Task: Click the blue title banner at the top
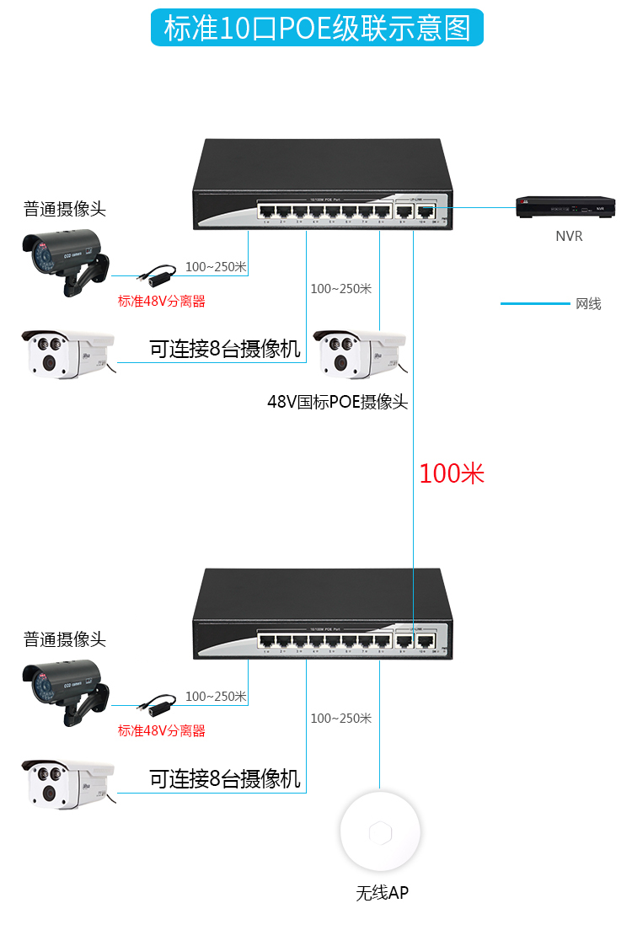pos(316,28)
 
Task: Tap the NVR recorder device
pos(565,206)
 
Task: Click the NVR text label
pos(569,237)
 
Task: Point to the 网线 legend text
pos(588,304)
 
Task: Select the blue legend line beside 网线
pos(535,303)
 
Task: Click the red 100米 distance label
pos(452,473)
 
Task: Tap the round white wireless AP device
pos(380,833)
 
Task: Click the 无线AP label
pos(382,893)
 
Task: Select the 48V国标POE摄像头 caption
pos(337,402)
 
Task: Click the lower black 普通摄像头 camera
pos(64,688)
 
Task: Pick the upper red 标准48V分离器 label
pos(162,301)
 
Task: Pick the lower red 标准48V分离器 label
pos(162,730)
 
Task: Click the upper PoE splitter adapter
pos(155,274)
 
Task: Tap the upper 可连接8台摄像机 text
pos(225,349)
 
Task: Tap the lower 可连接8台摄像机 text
pos(225,779)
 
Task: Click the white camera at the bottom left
pos(66,784)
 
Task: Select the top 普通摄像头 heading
pos(65,210)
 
